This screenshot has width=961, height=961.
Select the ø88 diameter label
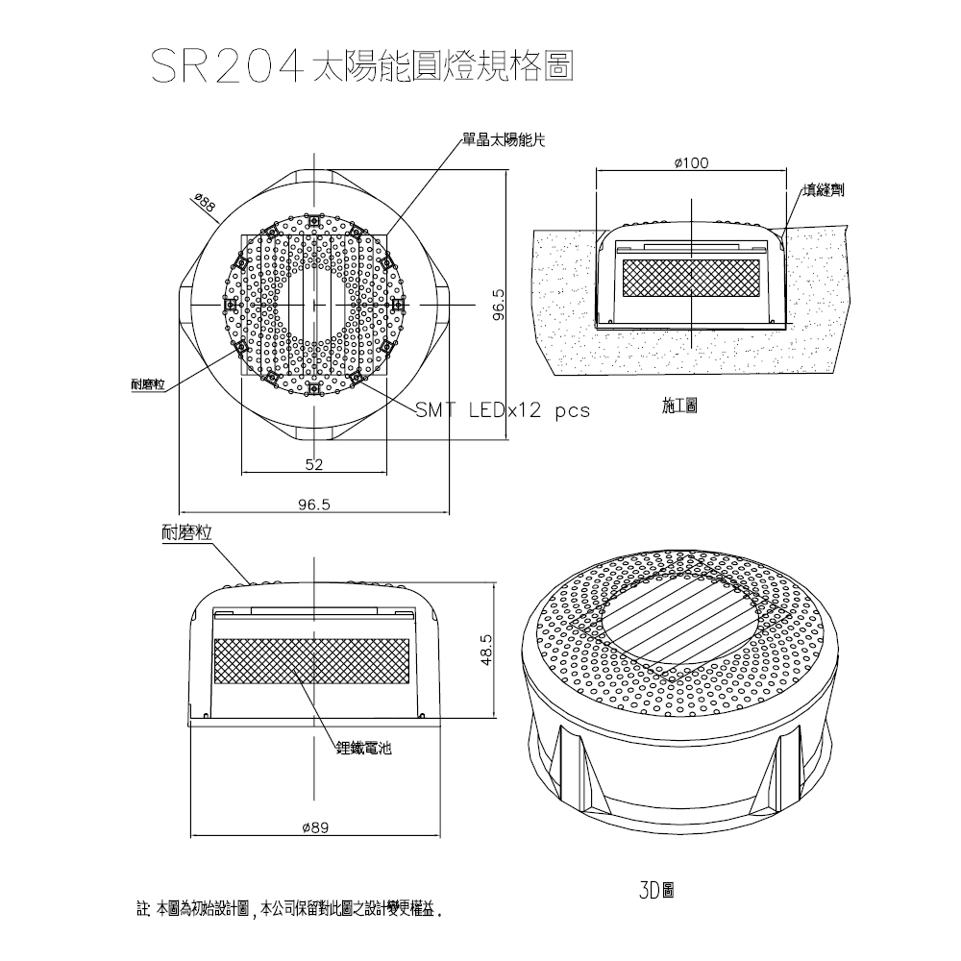pos(204,204)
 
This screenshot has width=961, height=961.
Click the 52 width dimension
pos(313,465)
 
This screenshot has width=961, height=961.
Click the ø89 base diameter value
pos(315,828)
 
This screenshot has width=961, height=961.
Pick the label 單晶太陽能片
pos(504,140)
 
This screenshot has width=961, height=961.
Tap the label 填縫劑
pos(824,191)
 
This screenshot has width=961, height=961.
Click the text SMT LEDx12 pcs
pos(502,410)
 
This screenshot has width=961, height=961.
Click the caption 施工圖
pos(679,407)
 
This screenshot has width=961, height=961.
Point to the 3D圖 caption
pos(654,890)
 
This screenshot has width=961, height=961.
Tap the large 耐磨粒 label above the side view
pos(187,534)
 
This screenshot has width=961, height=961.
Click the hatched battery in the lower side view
pos(314,662)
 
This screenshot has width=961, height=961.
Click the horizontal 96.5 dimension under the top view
pos(313,504)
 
